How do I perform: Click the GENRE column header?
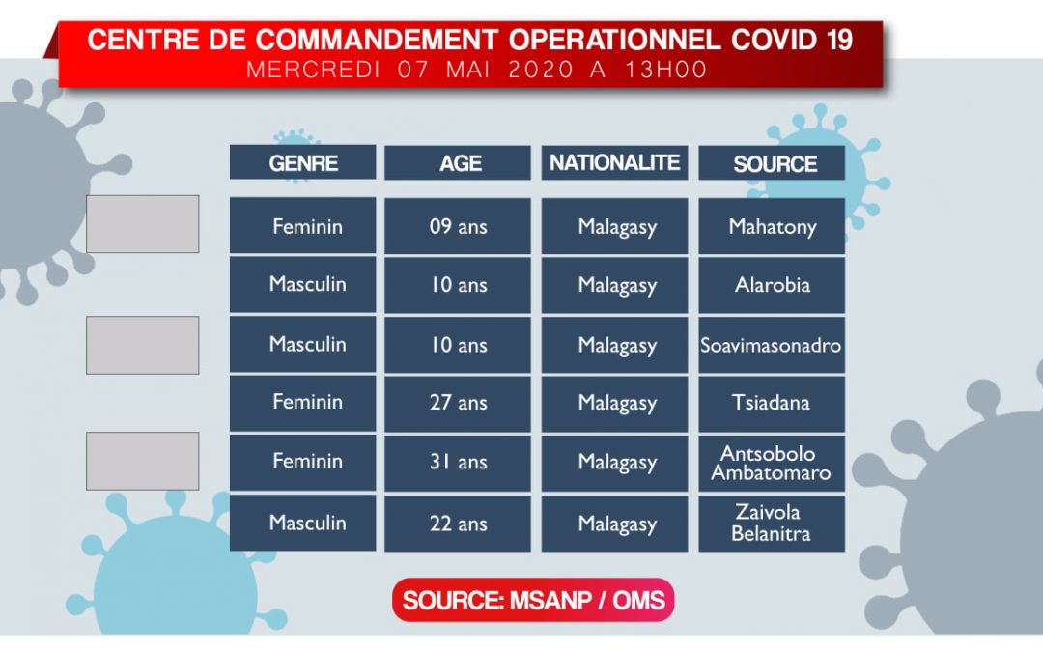click(302, 162)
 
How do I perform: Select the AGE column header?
click(458, 162)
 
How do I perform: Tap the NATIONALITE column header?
click(614, 162)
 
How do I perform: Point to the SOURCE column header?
click(772, 162)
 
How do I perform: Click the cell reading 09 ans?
click(458, 225)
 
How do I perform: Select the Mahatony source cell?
click(772, 225)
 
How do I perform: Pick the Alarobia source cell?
click(772, 285)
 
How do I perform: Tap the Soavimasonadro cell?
click(772, 345)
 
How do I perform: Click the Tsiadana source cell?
click(772, 403)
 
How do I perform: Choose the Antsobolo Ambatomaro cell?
click(772, 463)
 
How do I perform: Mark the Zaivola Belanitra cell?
click(772, 523)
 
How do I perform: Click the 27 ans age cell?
click(458, 403)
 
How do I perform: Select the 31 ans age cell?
click(458, 463)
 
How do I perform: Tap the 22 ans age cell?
click(458, 523)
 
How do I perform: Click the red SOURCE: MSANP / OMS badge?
click(533, 600)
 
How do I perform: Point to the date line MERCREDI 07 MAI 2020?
click(409, 70)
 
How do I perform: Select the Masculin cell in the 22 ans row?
click(302, 523)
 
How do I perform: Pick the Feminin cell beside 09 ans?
click(302, 225)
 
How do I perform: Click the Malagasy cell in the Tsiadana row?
click(614, 403)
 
